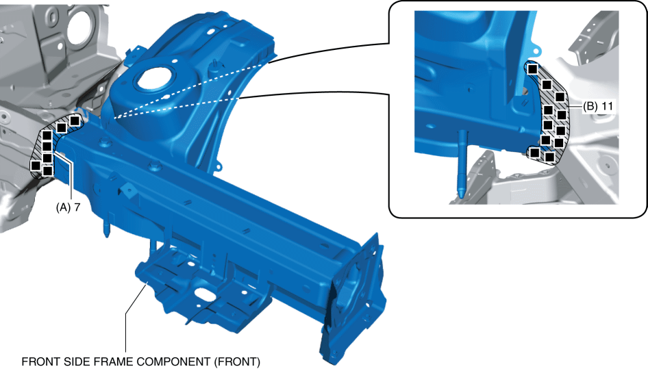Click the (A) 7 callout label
(x=68, y=207)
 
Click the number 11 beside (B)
(x=607, y=107)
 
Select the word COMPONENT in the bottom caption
(x=173, y=361)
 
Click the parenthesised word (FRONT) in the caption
(x=237, y=361)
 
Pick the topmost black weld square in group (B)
(x=533, y=69)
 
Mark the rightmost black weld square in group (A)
(x=75, y=120)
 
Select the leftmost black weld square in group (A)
(x=36, y=165)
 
